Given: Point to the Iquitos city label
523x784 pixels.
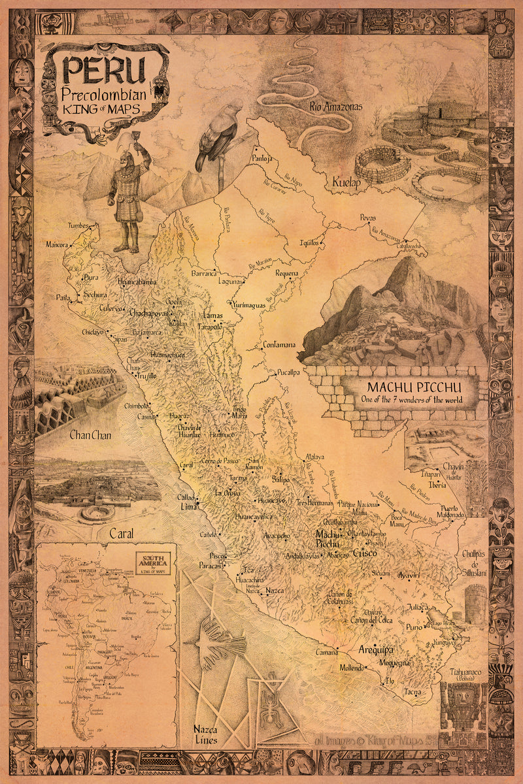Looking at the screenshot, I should point(309,242).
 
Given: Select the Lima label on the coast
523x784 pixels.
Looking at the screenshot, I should point(189,506).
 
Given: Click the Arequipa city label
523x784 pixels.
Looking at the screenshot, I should point(376,650).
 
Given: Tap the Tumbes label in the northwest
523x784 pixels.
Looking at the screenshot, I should point(78,226).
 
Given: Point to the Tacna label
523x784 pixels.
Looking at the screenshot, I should point(412,692).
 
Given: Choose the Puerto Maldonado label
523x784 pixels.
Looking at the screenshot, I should point(445,512).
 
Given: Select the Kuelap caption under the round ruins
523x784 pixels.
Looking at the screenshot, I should point(346,183).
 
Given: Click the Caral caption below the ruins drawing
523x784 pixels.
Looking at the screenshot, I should point(121,533).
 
